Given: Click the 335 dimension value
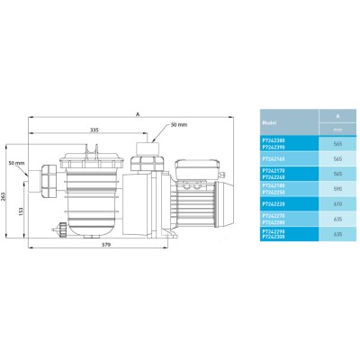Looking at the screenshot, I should (94, 130).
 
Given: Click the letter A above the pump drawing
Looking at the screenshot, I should (137, 114).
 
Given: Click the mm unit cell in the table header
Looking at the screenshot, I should (337, 131).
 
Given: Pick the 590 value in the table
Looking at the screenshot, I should (337, 188).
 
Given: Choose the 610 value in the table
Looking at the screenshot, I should (337, 203).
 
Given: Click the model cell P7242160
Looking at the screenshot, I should (274, 157).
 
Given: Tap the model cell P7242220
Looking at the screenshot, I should (274, 203).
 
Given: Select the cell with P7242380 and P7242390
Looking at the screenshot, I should (274, 142).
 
